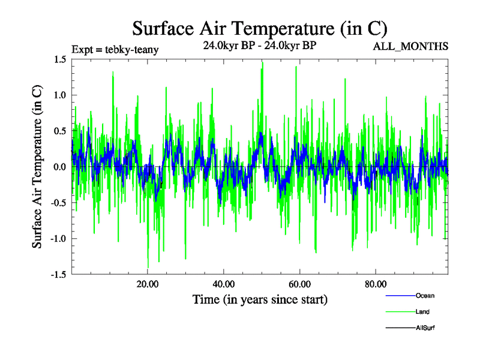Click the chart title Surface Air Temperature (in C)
(259, 28)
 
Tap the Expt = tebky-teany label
(115, 50)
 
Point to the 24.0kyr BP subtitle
(259, 46)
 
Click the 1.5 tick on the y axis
(59, 59)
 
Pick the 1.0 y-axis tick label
(59, 95)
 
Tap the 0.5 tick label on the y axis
(59, 131)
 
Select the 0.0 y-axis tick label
(59, 167)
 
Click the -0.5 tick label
(58, 203)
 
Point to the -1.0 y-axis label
(58, 239)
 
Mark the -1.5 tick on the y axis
(58, 274)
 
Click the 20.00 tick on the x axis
(148, 284)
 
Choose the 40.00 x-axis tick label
(223, 284)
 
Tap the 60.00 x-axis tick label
(299, 284)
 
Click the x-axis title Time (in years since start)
(260, 299)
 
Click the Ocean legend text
(425, 296)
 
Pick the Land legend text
(422, 312)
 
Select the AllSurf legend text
(425, 328)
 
